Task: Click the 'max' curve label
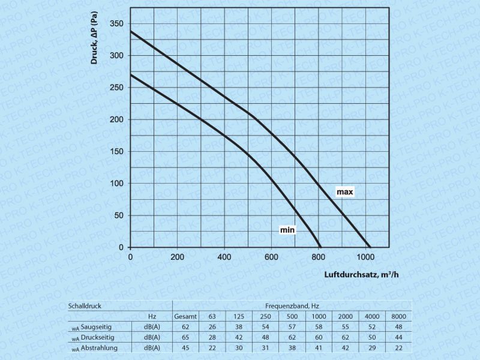click(x=344, y=192)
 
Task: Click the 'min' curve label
click(x=287, y=230)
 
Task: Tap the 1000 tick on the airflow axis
click(x=365, y=256)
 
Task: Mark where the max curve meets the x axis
click(x=371, y=247)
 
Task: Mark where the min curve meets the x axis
click(x=320, y=247)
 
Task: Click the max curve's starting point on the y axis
click(x=131, y=31)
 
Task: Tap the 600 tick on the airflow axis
click(x=271, y=256)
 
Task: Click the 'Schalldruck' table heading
click(x=85, y=305)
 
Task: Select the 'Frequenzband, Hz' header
click(x=292, y=305)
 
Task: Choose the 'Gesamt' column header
click(x=185, y=316)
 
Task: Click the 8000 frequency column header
click(x=398, y=316)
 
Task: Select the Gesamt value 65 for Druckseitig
click(x=185, y=337)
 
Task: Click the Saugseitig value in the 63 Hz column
click(x=212, y=326)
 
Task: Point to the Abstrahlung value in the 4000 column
click(x=372, y=348)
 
